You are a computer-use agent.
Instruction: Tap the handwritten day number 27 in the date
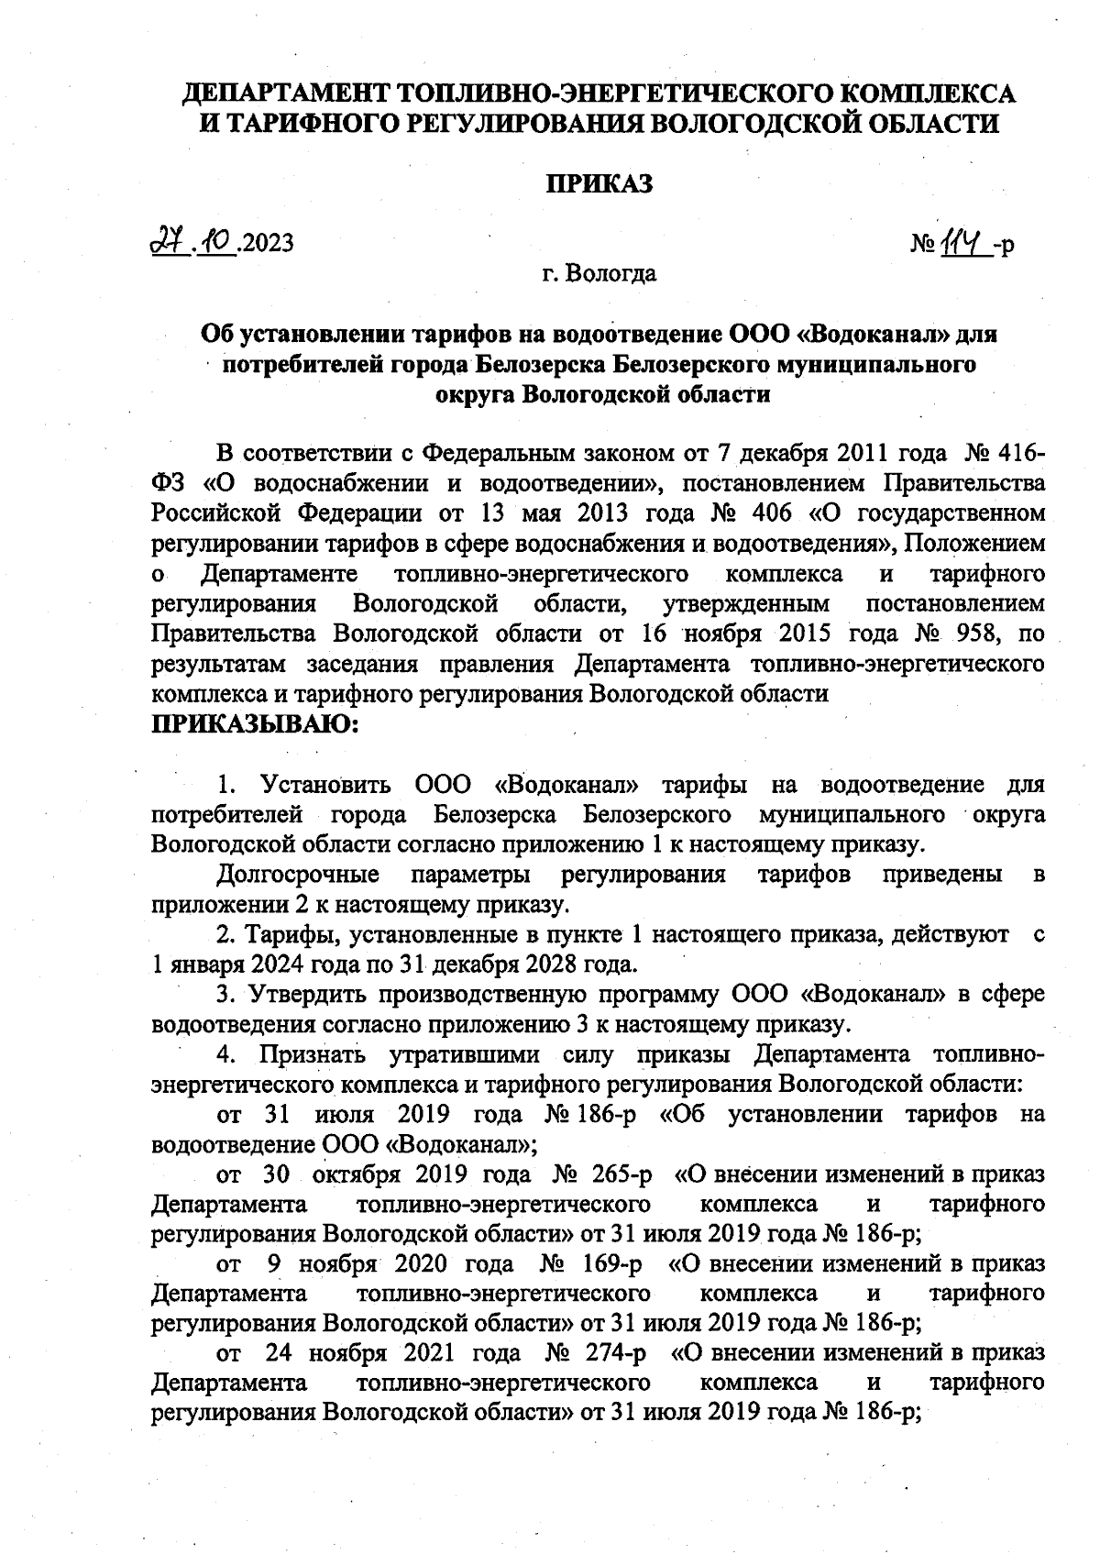click(x=166, y=241)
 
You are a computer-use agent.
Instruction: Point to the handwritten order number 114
click(x=963, y=243)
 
